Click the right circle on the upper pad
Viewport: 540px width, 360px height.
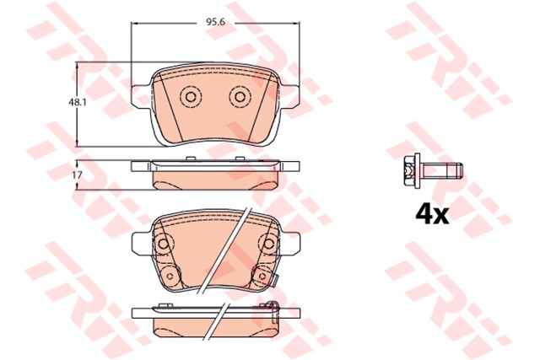(240, 98)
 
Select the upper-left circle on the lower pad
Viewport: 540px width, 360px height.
(163, 244)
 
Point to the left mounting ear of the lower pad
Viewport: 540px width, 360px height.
(140, 243)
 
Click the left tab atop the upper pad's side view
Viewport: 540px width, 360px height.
(140, 165)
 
